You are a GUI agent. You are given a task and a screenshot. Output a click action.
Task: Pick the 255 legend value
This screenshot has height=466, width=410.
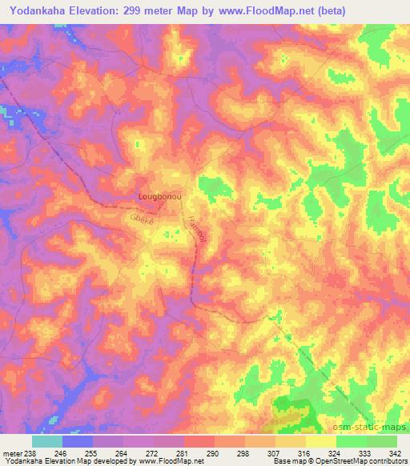tap(111, 453)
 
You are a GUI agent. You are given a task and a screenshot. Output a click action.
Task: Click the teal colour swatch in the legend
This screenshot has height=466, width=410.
tap(47, 441)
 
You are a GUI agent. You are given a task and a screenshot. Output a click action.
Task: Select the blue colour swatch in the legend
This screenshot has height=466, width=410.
tap(78, 441)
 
